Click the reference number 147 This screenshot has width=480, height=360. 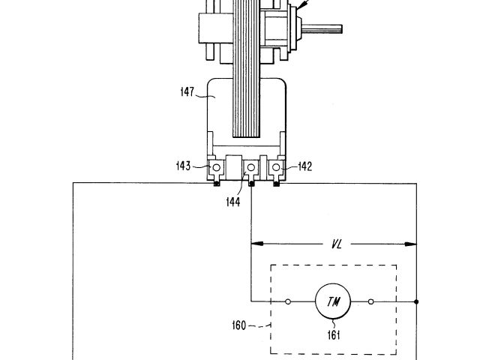click(x=187, y=91)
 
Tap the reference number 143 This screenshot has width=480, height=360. click(x=183, y=166)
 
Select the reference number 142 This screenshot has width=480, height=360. click(x=305, y=166)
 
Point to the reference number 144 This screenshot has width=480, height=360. click(x=233, y=202)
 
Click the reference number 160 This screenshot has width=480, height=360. click(x=239, y=325)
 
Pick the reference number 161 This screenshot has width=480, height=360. click(x=334, y=335)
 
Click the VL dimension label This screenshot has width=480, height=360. click(x=337, y=244)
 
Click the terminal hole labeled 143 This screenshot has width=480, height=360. click(x=217, y=167)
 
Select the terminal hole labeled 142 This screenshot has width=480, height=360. click(x=276, y=167)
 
